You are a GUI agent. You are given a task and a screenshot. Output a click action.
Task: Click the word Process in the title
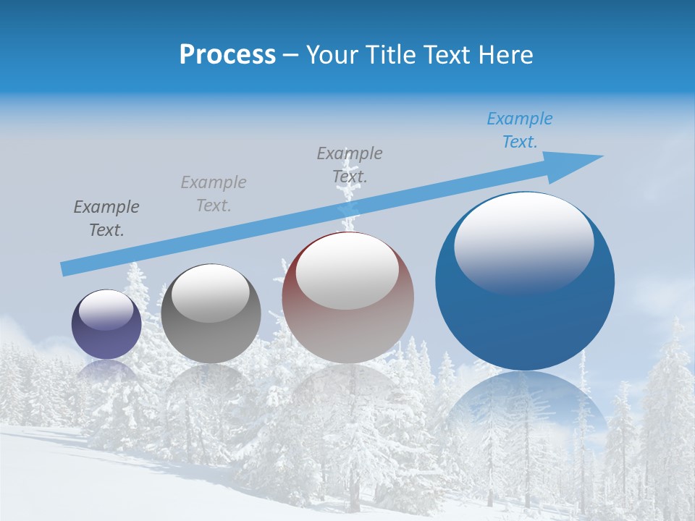click(227, 55)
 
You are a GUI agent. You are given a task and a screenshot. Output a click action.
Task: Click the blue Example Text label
click(519, 130)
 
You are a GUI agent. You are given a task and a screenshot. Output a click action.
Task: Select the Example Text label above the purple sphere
click(106, 219)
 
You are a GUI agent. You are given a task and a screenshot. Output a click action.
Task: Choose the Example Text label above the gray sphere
click(214, 194)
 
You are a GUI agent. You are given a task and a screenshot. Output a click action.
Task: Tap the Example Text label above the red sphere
click(350, 164)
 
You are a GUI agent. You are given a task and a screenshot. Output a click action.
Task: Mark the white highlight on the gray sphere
click(211, 291)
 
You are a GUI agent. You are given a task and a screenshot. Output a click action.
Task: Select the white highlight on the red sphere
click(347, 269)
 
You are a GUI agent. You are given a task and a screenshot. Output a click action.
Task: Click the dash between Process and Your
click(291, 56)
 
